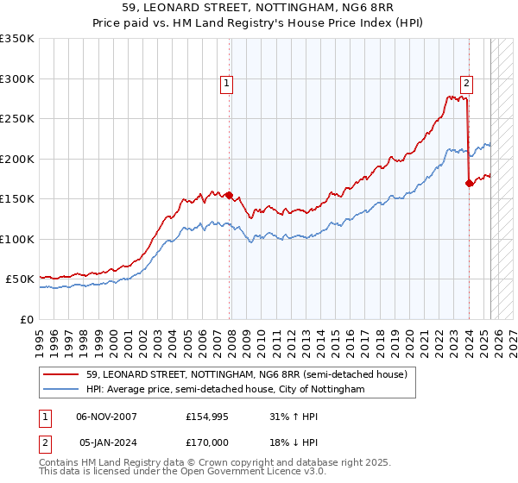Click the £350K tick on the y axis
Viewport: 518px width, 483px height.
[17, 39]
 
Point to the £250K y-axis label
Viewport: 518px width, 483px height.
[17, 119]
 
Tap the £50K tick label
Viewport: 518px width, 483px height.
[21, 279]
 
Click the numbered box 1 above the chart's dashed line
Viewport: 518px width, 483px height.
[226, 84]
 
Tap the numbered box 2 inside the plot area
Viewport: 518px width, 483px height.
[466, 84]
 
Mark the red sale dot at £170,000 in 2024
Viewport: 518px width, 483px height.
[469, 183]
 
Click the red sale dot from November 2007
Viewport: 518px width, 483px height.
[230, 195]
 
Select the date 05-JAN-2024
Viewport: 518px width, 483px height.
[107, 441]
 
